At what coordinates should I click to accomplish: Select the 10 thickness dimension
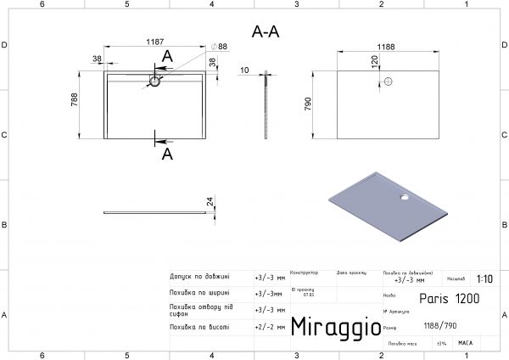(x=244, y=71)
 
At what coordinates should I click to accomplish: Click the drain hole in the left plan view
(x=154, y=82)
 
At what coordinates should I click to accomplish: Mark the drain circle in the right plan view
(x=387, y=82)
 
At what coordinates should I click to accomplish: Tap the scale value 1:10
(x=484, y=278)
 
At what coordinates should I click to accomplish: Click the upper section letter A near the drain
(x=167, y=56)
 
